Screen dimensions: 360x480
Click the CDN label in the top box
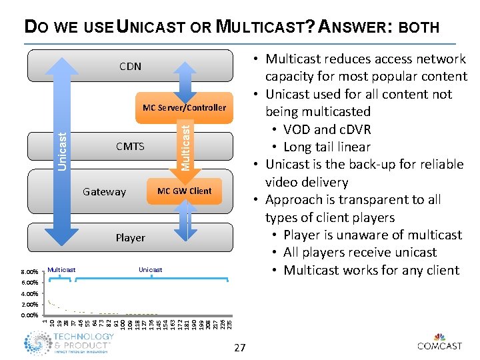point(130,67)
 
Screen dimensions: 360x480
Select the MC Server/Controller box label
point(185,107)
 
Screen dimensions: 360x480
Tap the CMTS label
point(130,146)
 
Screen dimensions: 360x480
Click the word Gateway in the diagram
point(104,192)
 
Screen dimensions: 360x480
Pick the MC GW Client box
point(184,191)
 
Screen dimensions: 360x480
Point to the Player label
point(130,238)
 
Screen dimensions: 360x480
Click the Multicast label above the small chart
point(62,269)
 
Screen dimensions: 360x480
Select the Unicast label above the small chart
point(150,269)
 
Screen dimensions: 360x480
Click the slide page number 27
point(240,347)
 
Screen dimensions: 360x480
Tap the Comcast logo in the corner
point(439,341)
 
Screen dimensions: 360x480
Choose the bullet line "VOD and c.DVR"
point(327,129)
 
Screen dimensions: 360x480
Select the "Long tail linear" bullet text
point(327,147)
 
